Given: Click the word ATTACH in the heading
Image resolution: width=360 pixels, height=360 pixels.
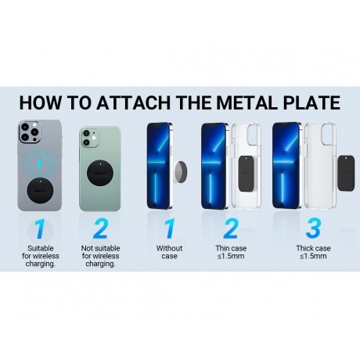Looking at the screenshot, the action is [133, 103].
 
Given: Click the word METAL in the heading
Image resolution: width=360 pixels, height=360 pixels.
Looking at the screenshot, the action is [247, 103].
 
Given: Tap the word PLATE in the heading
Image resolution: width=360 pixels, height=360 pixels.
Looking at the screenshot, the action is [311, 103].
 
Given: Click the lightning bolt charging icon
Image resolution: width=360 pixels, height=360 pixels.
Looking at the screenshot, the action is [39, 164].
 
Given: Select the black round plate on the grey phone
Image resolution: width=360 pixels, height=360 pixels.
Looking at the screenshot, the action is [41, 191].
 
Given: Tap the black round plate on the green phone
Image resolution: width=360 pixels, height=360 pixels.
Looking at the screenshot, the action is [100, 173].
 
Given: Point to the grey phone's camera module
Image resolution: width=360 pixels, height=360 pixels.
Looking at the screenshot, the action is [30, 131].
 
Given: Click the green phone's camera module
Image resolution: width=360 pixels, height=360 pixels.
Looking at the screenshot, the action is [89, 137].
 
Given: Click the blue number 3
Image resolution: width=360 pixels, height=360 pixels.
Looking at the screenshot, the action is [313, 229].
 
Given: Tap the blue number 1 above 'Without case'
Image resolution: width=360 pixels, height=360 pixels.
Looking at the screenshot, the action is [169, 229].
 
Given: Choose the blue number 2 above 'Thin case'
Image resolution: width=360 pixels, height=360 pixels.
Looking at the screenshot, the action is [231, 229].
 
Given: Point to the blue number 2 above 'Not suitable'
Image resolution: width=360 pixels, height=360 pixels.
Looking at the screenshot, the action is [100, 229].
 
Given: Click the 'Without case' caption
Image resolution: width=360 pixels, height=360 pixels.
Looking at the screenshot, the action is [169, 252].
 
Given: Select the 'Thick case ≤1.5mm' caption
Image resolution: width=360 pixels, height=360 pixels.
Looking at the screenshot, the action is [313, 252].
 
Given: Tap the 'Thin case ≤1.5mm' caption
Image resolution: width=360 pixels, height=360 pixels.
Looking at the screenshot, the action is [231, 252].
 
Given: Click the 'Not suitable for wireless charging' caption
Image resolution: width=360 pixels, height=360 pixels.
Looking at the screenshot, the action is [100, 256].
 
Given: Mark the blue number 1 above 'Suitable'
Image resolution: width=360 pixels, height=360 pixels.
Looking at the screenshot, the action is [40, 229].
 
